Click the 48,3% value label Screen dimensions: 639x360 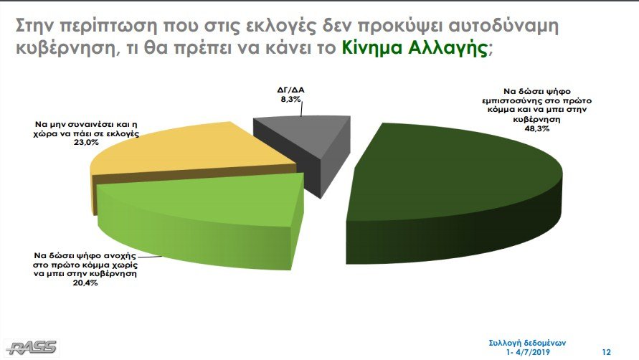[536, 129]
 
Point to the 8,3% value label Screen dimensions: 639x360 [290, 99]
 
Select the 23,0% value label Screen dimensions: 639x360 [87, 143]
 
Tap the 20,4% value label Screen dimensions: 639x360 [85, 283]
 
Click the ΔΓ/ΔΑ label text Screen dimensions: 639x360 [290, 90]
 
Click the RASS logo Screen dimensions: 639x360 [32, 348]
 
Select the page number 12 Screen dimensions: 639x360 [607, 352]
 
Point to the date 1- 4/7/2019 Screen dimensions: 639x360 [528, 352]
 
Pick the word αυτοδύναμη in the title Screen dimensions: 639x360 [503, 27]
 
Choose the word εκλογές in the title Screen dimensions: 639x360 [282, 27]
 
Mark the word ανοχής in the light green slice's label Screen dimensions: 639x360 [120, 255]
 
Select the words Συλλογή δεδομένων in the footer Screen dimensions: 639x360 [527, 344]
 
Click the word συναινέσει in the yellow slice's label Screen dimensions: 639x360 [87, 124]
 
